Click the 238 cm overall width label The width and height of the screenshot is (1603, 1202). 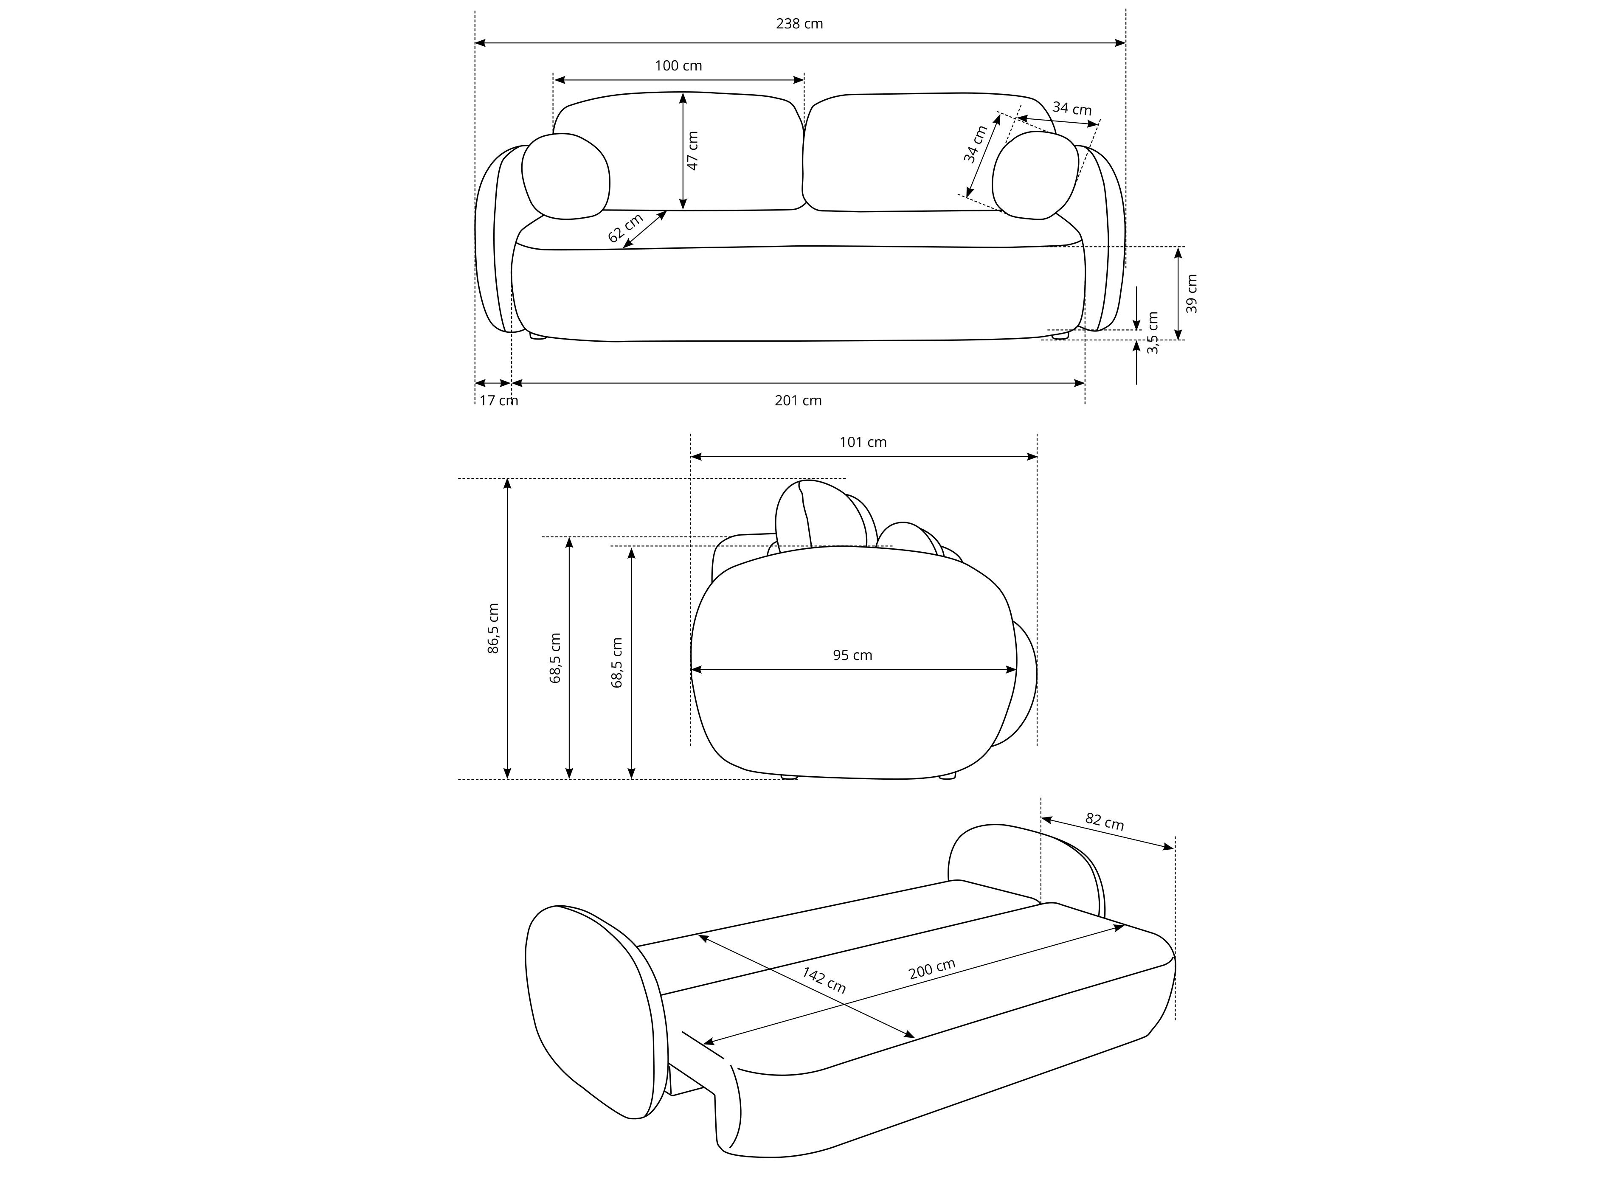[x=799, y=24]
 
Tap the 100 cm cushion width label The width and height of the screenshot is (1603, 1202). [x=678, y=66]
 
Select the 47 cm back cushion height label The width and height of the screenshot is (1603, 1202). [x=693, y=151]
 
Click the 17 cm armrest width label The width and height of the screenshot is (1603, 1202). [x=498, y=401]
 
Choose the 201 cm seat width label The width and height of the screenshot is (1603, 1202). [x=798, y=401]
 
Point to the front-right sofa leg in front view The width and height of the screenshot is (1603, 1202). [x=1060, y=335]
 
